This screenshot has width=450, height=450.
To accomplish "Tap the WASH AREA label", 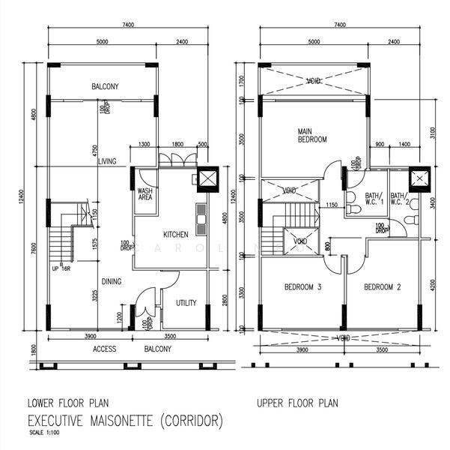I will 145,194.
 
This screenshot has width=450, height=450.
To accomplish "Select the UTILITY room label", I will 186,303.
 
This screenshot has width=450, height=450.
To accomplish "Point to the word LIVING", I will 107,161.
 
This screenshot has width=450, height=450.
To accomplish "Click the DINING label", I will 112,281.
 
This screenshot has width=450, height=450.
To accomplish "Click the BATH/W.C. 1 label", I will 374,199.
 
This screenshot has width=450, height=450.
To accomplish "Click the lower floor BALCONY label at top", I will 105,86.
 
